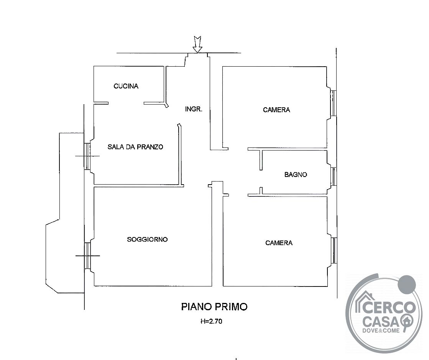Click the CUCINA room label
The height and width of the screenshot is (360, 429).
126,86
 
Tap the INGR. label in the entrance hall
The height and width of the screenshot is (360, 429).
194,109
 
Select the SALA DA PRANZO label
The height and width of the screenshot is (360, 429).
135,147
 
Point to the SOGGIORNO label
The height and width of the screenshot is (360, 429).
147,239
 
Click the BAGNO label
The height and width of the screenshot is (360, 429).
296,174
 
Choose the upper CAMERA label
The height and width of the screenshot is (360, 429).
276,110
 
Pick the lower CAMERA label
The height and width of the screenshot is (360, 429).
279,243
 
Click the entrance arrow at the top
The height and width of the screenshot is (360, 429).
197,44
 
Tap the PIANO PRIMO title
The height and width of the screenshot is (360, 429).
214,307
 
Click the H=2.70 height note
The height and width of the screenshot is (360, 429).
211,321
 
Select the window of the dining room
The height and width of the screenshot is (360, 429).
87,156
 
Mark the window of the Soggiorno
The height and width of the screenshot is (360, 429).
87,255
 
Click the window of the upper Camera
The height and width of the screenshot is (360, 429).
333,103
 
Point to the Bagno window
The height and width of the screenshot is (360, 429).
334,177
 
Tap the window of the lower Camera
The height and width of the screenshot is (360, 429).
334,250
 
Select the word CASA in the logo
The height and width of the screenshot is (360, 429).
381,322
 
